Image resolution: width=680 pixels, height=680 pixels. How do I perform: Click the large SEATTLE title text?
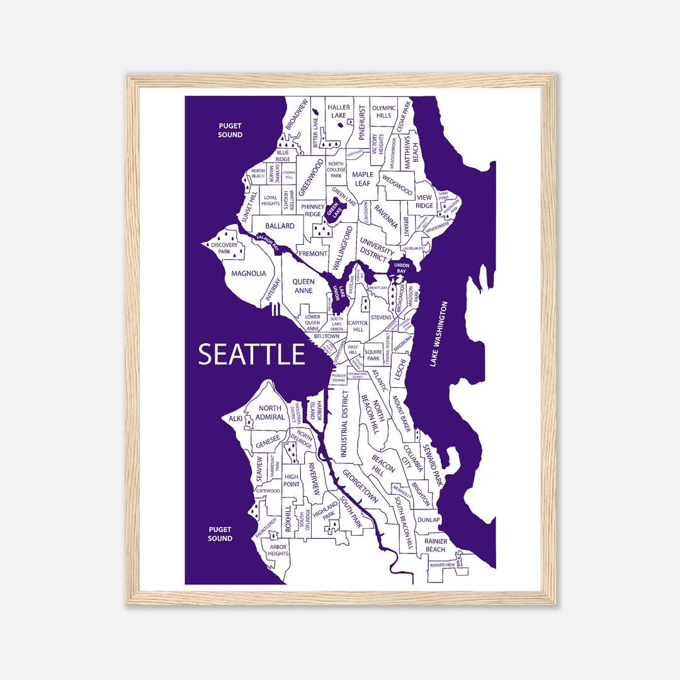point(252,354)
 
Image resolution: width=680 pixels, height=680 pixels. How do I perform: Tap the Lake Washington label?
point(439,334)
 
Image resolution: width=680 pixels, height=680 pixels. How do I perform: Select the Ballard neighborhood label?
point(280,225)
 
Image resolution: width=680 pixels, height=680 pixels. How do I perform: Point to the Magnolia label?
point(248,274)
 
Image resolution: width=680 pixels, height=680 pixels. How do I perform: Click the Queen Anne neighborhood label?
point(303,287)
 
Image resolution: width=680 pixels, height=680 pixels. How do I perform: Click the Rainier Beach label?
point(435,545)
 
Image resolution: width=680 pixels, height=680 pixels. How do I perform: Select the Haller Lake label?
point(339,111)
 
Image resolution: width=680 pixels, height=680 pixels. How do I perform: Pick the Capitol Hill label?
point(358,326)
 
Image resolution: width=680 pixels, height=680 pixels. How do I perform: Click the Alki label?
point(235,419)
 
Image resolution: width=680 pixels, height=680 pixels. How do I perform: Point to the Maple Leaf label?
point(363,179)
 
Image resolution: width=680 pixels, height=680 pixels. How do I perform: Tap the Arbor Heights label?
point(278,550)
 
